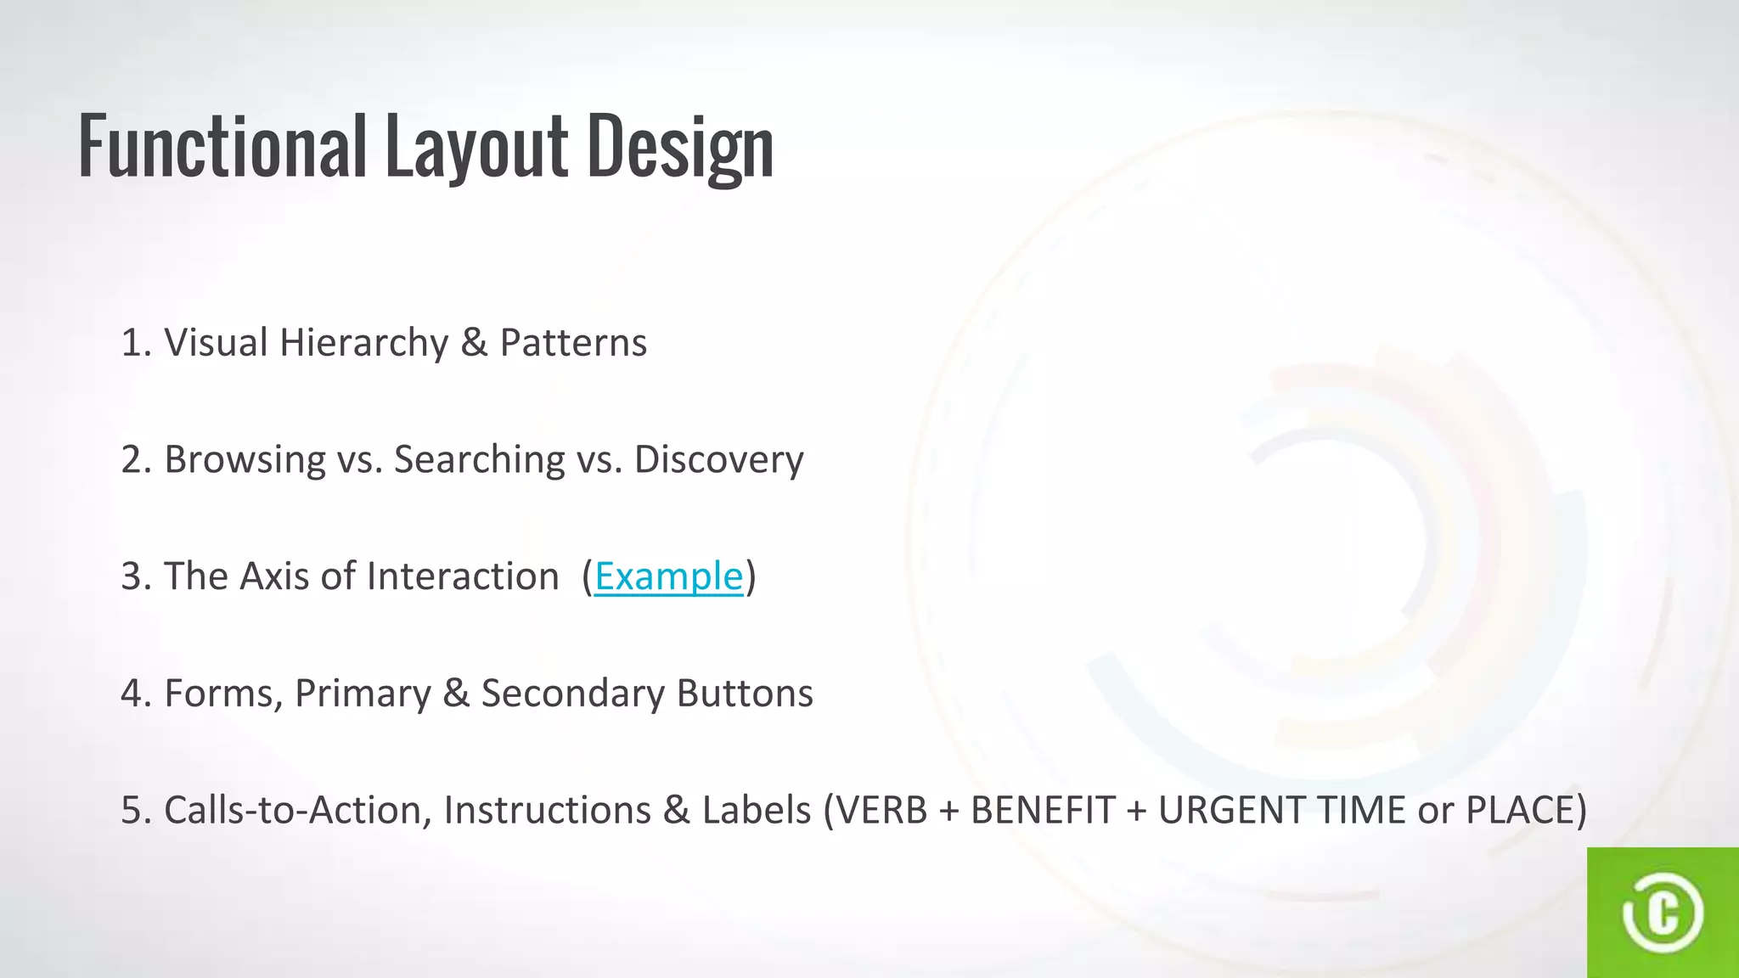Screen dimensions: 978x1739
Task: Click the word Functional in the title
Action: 222,146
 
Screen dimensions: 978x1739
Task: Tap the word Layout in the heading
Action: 476,146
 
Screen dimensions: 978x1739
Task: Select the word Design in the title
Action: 680,146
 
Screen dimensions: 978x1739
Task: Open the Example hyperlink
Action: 668,576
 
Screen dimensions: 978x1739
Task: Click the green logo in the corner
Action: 1663,913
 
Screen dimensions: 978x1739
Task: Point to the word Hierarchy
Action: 363,343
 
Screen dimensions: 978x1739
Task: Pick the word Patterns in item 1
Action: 573,343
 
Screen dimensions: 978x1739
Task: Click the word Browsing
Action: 245,459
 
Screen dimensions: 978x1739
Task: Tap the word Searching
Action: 479,459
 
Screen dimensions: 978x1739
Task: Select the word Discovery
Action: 718,459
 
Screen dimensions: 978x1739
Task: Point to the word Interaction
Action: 463,576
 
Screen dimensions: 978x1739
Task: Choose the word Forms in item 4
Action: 222,694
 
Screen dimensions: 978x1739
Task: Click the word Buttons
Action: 745,694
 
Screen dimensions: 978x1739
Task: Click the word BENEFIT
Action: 1043,810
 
